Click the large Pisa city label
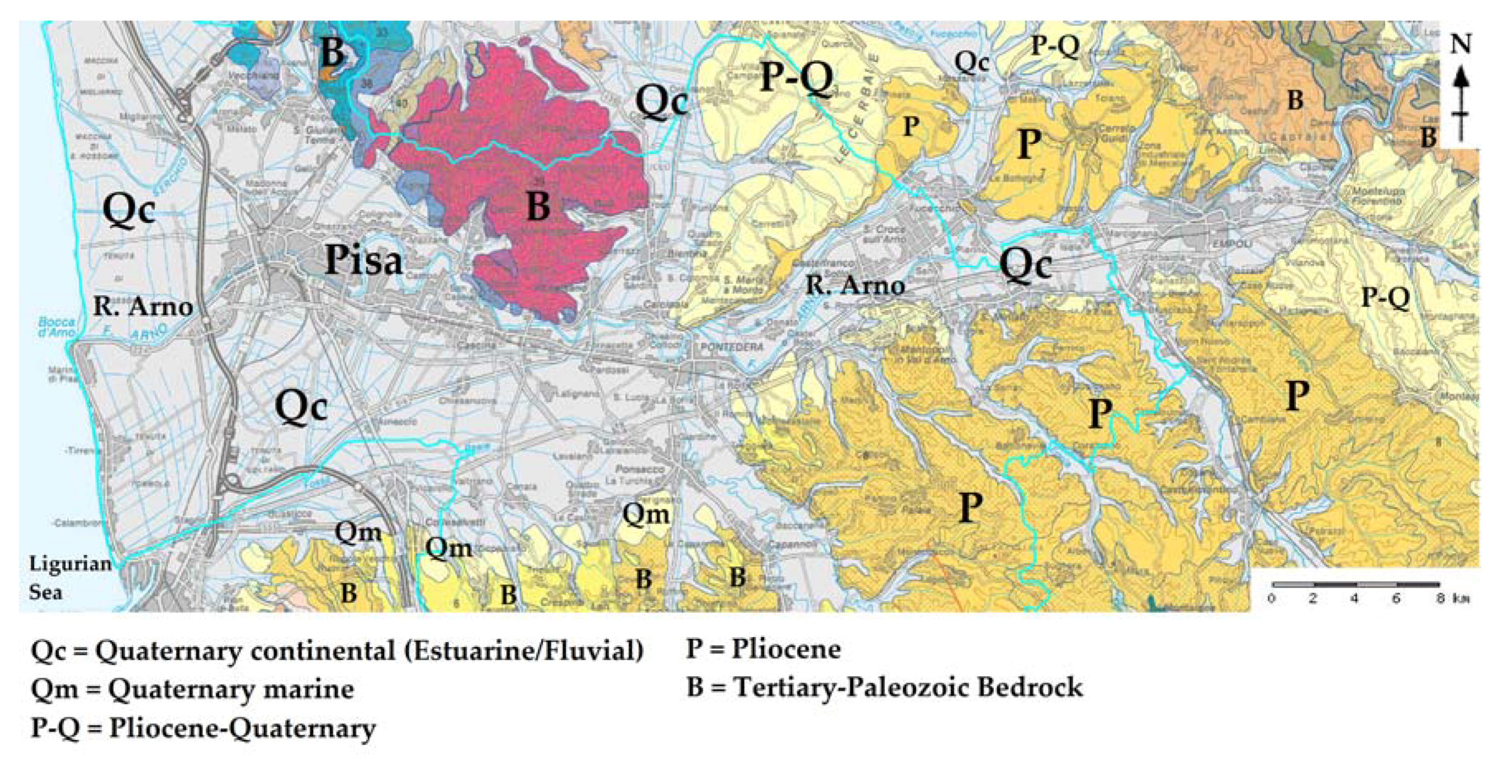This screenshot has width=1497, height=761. [364, 260]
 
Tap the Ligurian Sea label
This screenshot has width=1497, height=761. [70, 577]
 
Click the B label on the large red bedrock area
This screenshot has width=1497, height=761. [537, 206]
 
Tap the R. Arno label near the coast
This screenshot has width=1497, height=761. [143, 306]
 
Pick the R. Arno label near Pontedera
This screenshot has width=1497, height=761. [855, 285]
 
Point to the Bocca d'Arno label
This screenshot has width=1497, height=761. [56, 327]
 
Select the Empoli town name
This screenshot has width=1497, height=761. [1232, 244]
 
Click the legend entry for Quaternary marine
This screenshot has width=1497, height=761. [192, 689]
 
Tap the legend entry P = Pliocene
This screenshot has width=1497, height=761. [763, 649]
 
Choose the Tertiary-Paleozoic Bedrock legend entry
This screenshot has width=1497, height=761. [884, 687]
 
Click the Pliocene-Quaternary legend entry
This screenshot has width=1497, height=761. [203, 728]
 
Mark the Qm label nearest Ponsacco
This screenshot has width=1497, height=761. [646, 514]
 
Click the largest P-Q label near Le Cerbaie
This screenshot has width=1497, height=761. [796, 77]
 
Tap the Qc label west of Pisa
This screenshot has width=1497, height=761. [128, 209]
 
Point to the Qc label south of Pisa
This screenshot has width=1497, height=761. [301, 406]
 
